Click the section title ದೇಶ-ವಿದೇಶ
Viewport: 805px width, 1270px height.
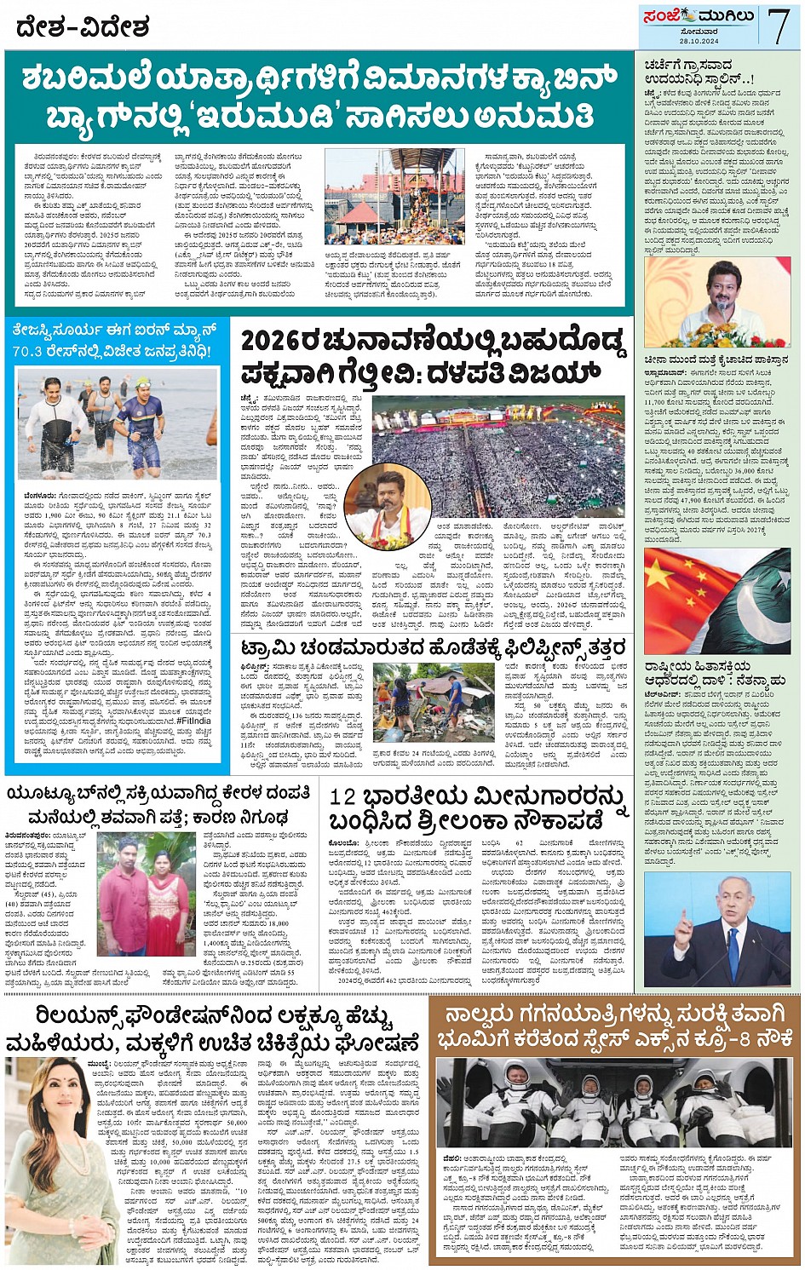click(83, 29)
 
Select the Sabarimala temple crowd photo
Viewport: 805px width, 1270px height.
click(394, 196)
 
